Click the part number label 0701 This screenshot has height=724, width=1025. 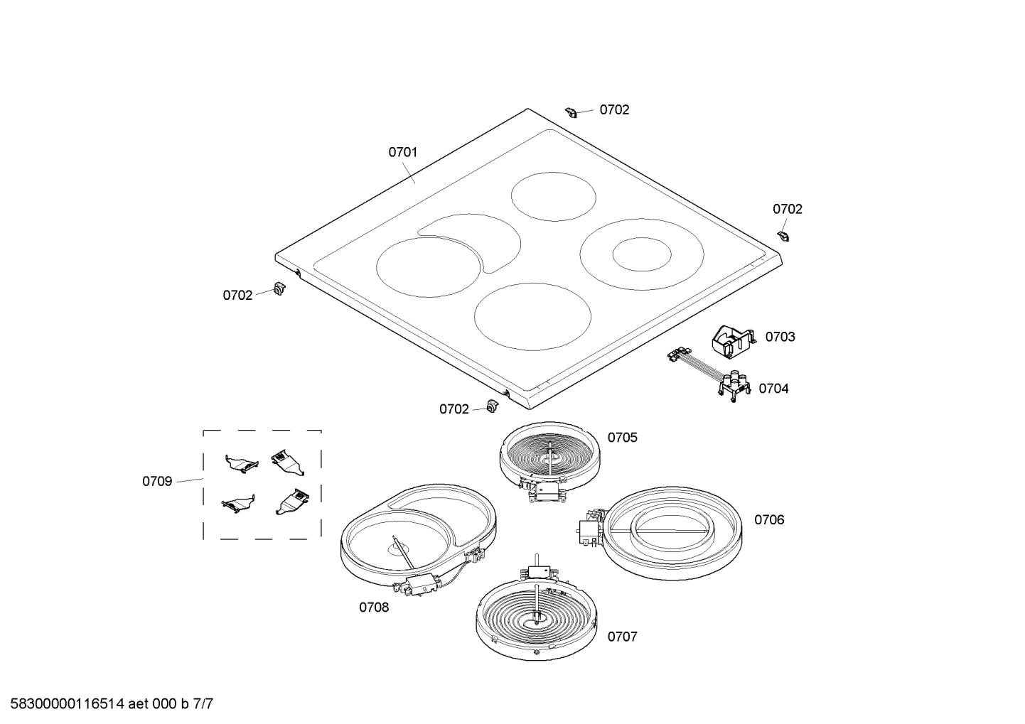402,152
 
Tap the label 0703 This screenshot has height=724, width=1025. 780,337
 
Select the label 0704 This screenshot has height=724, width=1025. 773,389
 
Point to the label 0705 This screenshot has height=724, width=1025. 623,438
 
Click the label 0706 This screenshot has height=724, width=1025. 769,519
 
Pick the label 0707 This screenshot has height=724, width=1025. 623,637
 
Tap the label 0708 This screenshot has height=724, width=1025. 374,607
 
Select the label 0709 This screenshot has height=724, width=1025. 157,481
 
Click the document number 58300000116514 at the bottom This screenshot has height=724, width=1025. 67,704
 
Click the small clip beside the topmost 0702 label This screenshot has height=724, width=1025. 571,112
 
